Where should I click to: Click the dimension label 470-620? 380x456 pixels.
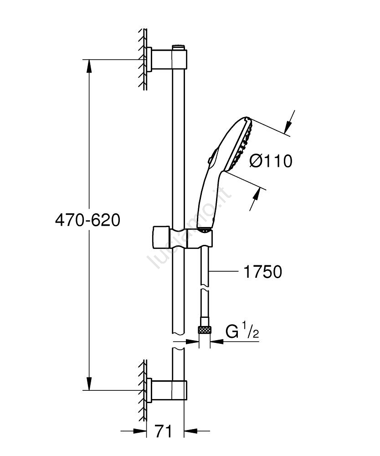(87, 220)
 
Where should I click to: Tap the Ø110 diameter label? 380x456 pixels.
(271, 161)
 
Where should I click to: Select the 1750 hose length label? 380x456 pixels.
(262, 272)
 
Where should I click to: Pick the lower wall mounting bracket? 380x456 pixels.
(167, 391)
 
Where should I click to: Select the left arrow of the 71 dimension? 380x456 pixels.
(134, 431)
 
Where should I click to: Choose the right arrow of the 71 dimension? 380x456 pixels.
(197, 431)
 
